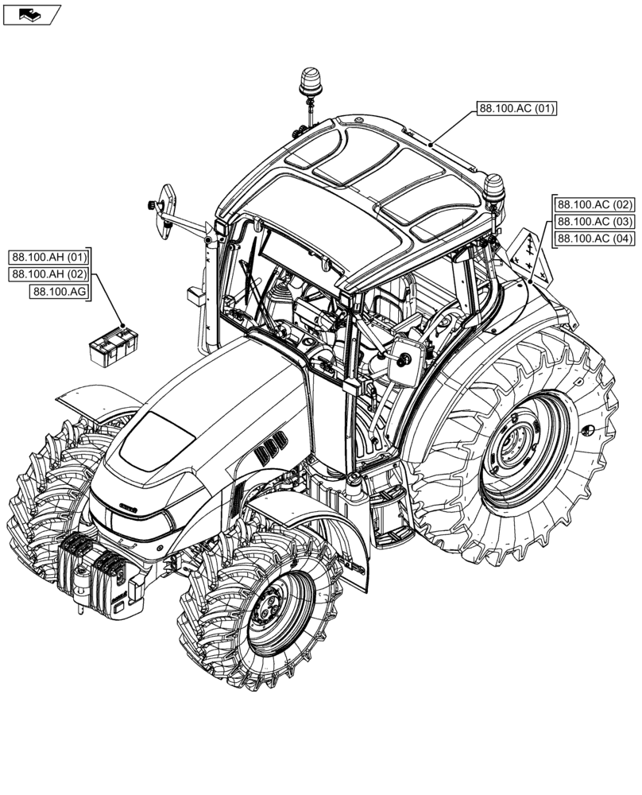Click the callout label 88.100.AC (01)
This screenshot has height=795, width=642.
tap(516, 109)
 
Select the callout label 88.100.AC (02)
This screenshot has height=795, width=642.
tap(594, 204)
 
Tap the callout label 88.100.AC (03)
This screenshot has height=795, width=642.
tap(594, 221)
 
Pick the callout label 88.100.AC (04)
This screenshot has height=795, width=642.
tap(594, 238)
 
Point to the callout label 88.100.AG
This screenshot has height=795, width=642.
tap(60, 293)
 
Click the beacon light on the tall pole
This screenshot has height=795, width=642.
tap(308, 81)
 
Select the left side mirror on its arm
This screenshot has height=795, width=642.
tap(167, 210)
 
